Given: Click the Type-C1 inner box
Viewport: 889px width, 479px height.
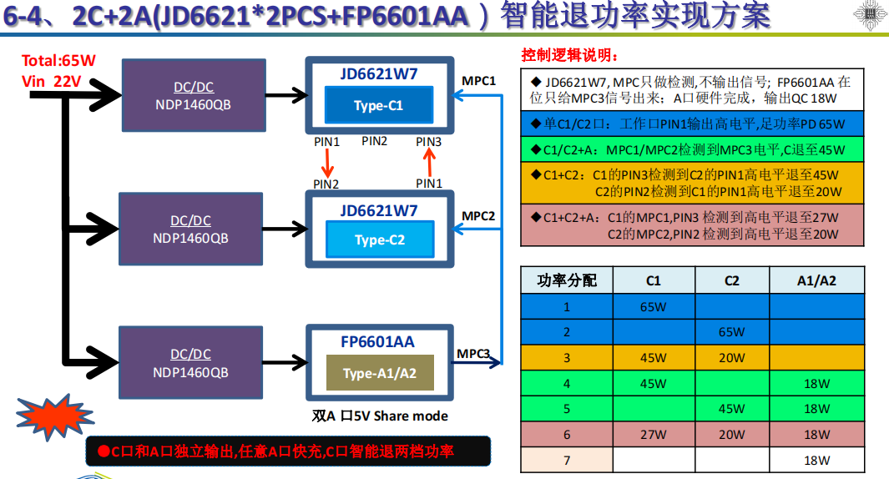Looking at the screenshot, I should pyautogui.click(x=379, y=106).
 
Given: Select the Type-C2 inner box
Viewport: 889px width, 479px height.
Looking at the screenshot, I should pyautogui.click(x=380, y=239).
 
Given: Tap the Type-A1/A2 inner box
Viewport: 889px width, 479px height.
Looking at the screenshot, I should pyautogui.click(x=380, y=373).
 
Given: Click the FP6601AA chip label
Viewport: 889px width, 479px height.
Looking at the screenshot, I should pyautogui.click(x=377, y=342).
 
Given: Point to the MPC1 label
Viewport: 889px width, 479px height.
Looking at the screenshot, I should pyautogui.click(x=479, y=81).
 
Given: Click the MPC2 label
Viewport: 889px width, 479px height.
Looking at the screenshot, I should pyautogui.click(x=479, y=216).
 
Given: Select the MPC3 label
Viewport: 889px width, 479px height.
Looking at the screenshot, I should pyautogui.click(x=473, y=354).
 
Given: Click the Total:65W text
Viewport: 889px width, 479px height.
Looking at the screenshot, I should pyautogui.click(x=59, y=61).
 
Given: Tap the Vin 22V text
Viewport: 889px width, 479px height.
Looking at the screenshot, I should pyautogui.click(x=52, y=81).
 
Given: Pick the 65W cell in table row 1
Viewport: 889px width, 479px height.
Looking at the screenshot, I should pyautogui.click(x=653, y=307).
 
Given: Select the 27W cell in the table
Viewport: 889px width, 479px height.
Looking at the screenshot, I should pyautogui.click(x=653, y=435).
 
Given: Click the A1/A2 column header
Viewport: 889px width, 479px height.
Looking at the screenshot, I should pyautogui.click(x=816, y=280).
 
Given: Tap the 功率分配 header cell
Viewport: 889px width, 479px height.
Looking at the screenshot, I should pyautogui.click(x=567, y=280).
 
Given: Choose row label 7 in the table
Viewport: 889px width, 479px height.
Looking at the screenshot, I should pyautogui.click(x=567, y=461).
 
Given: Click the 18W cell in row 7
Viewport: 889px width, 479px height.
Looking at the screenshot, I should pyautogui.click(x=816, y=461).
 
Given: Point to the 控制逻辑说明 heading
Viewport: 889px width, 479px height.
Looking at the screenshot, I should pyautogui.click(x=570, y=55).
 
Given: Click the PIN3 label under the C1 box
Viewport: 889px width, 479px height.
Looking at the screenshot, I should pyautogui.click(x=428, y=142).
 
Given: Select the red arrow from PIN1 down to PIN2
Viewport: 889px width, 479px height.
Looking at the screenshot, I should pyautogui.click(x=326, y=163).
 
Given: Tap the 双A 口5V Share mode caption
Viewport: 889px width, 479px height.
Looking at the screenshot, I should pyautogui.click(x=380, y=416).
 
